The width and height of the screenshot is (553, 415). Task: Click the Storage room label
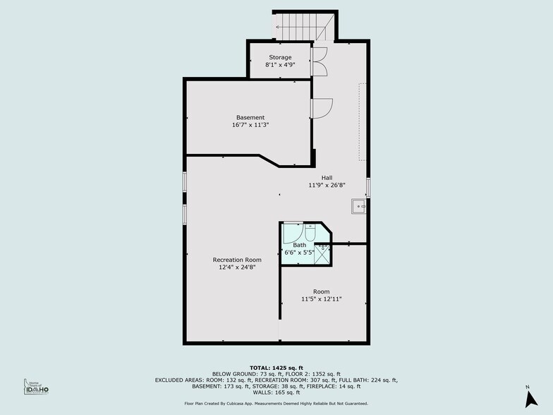pos(280,57)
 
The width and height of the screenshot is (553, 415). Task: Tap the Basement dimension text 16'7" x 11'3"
pos(250,125)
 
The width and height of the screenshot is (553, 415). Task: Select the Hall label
pos(327,178)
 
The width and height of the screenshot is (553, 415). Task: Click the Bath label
pos(300,245)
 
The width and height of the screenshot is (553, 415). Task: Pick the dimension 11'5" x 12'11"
pos(321,299)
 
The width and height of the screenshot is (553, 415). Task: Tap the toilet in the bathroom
pos(310,233)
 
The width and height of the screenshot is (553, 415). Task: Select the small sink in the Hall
pos(357,207)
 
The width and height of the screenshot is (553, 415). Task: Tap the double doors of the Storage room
pos(319,61)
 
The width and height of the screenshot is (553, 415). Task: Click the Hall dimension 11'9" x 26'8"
pos(327,185)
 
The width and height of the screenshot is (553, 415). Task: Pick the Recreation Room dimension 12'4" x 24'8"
pos(233,267)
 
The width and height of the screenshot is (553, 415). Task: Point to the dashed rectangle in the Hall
pos(362,124)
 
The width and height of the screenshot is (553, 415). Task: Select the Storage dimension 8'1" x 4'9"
pos(280,64)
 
